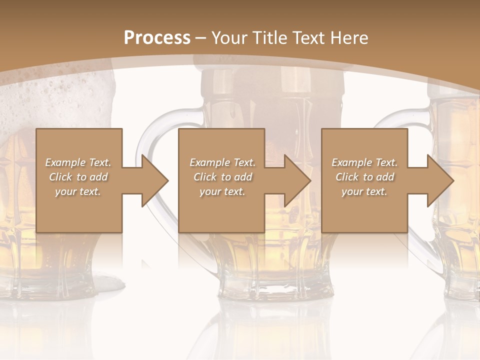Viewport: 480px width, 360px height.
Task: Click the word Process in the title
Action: click(x=157, y=38)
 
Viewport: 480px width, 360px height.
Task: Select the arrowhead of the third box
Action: click(x=439, y=180)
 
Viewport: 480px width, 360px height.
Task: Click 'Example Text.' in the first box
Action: click(x=78, y=162)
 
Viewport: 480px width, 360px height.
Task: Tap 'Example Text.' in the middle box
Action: click(x=222, y=162)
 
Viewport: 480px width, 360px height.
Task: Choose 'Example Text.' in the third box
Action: click(x=364, y=162)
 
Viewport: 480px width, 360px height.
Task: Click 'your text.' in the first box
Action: click(x=78, y=191)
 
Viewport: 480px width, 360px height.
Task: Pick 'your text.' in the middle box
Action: click(x=222, y=191)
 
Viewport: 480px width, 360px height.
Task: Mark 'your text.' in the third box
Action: click(x=364, y=191)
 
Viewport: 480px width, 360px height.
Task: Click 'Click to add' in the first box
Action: click(x=78, y=177)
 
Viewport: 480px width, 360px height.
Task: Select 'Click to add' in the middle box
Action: click(x=222, y=177)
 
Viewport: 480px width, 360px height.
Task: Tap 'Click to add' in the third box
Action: click(x=364, y=177)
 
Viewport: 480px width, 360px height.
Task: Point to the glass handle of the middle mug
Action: click(x=150, y=150)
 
